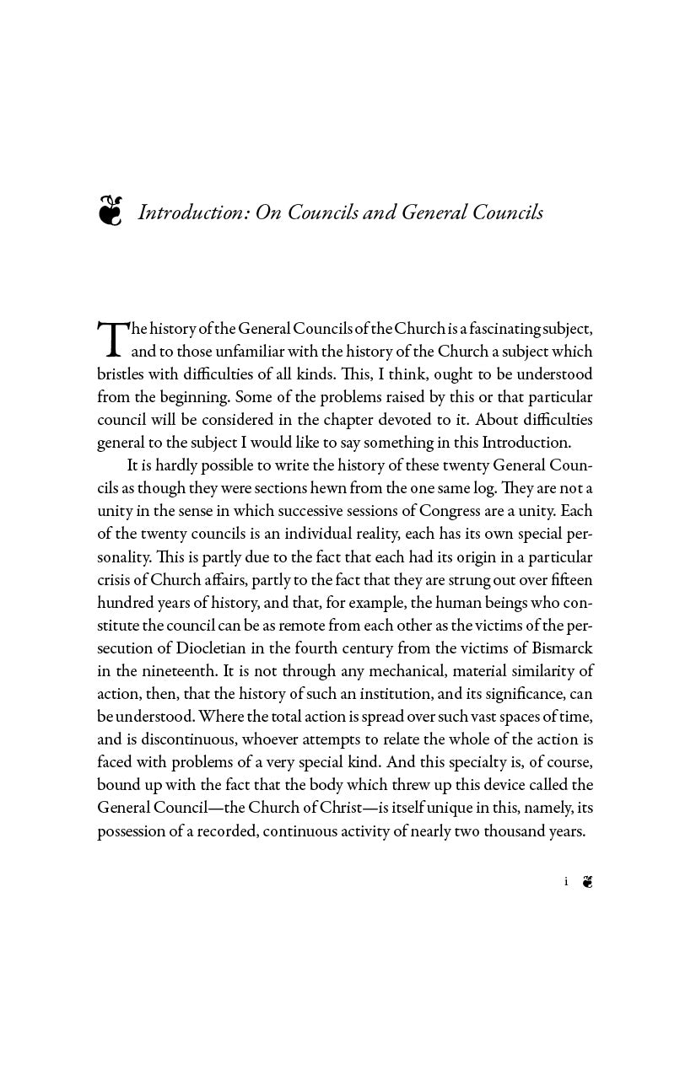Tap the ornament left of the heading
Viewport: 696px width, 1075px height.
pos(110,211)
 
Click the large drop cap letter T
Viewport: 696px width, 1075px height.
pos(112,338)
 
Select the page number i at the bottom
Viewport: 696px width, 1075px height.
pos(566,882)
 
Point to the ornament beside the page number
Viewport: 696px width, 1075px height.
pos(588,882)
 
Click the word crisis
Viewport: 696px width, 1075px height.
pos(116,580)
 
